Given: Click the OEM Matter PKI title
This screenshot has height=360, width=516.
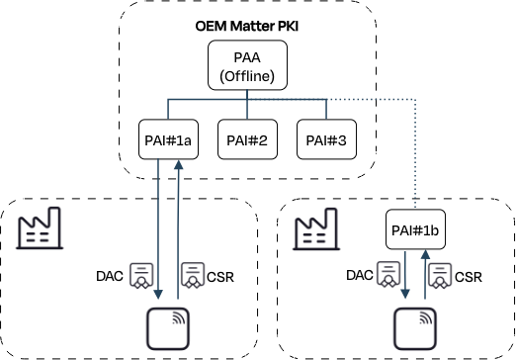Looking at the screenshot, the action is [x=247, y=26].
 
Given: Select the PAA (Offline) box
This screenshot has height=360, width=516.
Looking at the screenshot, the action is [x=247, y=65].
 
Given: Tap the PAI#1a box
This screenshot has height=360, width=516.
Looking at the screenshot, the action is [x=168, y=139].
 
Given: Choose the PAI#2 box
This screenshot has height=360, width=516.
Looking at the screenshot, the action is [x=247, y=139].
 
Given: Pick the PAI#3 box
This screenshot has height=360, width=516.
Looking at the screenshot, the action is [x=326, y=139].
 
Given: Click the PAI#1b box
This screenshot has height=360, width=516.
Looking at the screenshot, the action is [x=415, y=229].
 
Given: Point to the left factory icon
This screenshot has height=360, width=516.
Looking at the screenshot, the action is [x=40, y=227].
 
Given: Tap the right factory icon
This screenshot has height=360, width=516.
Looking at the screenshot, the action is [x=316, y=228].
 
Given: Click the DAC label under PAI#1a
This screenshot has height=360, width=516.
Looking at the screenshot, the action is [x=110, y=276].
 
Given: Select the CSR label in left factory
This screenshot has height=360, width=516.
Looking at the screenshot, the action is [x=220, y=277].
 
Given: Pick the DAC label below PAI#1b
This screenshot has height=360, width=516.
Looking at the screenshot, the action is [x=360, y=275].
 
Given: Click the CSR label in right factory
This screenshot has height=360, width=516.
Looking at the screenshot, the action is [x=469, y=277].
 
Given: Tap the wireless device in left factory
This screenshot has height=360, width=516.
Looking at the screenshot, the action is [x=168, y=328].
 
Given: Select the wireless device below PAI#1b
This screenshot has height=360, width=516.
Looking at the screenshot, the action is [x=415, y=328].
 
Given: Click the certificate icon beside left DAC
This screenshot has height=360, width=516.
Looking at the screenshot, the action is [x=141, y=276].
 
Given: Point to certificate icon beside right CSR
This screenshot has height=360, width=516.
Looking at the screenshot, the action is [x=440, y=276].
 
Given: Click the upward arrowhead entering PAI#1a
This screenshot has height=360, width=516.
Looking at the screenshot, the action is [x=178, y=164].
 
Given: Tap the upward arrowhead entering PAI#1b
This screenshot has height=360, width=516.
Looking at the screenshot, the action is [x=425, y=254].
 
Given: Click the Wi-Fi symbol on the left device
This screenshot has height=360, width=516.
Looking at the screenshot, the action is [x=179, y=318].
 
